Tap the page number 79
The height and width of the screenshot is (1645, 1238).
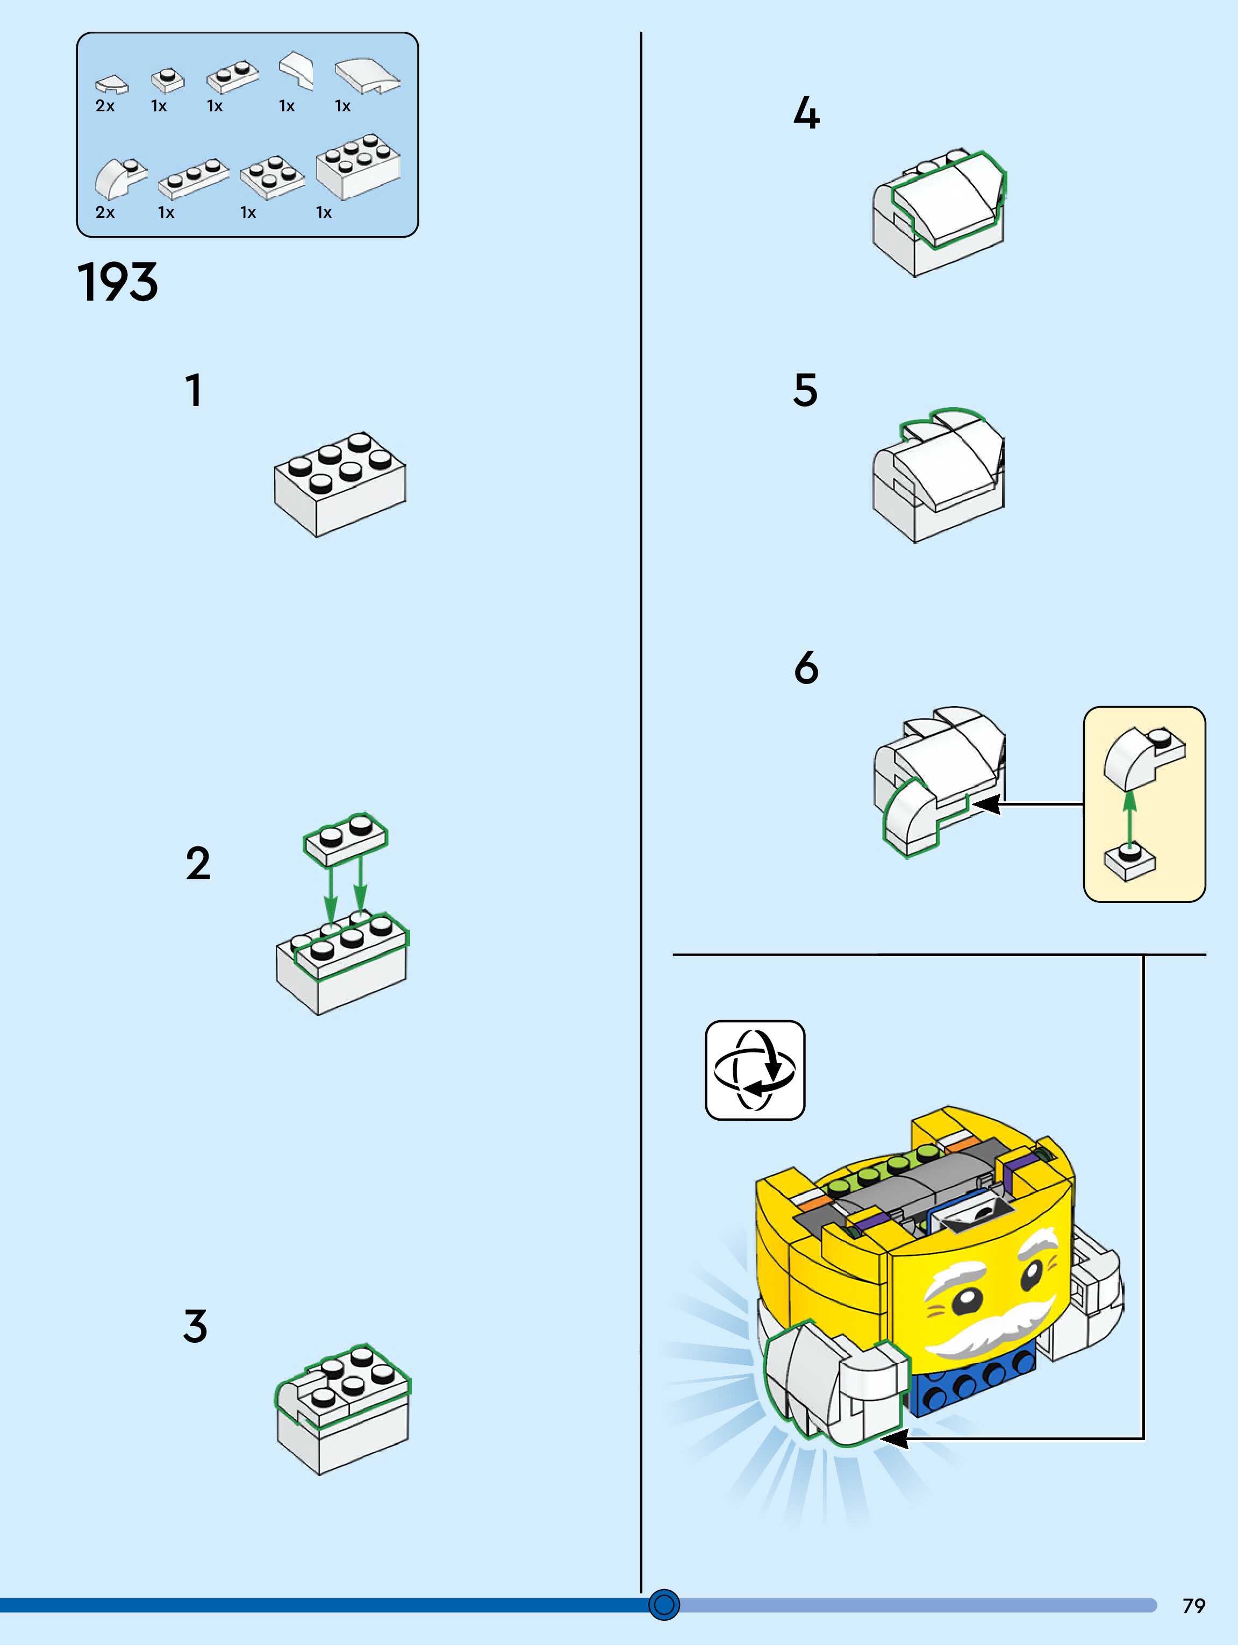1193,1606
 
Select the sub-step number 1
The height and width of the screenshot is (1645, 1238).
194,390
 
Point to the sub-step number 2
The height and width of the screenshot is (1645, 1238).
198,864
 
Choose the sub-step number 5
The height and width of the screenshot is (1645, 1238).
805,390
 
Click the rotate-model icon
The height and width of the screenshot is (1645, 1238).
755,1070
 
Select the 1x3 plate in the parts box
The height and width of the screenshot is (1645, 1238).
194,179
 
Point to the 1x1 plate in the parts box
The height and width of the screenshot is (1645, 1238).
167,79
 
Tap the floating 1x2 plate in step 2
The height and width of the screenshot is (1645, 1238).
345,838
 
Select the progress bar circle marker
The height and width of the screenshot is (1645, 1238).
664,1604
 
